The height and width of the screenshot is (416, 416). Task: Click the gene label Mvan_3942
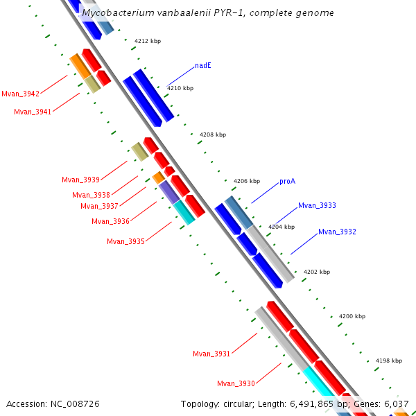20,94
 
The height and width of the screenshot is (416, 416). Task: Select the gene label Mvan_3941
33,112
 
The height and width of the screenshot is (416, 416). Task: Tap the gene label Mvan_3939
80,180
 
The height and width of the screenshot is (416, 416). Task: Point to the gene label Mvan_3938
91,195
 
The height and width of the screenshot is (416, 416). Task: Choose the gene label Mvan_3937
99,206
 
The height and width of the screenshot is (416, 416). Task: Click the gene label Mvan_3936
110,221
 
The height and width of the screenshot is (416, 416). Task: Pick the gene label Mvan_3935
125,241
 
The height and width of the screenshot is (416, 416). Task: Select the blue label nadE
203,66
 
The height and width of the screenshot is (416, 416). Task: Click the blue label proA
288,182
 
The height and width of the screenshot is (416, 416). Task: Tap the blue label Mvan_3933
317,206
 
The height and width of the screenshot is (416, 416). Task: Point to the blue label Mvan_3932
337,232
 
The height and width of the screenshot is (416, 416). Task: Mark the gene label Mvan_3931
211,354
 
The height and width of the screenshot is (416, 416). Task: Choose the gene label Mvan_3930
236,383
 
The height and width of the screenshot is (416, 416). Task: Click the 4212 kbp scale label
148,42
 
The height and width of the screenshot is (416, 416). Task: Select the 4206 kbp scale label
247,181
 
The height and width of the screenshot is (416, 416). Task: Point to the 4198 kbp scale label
389,361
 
